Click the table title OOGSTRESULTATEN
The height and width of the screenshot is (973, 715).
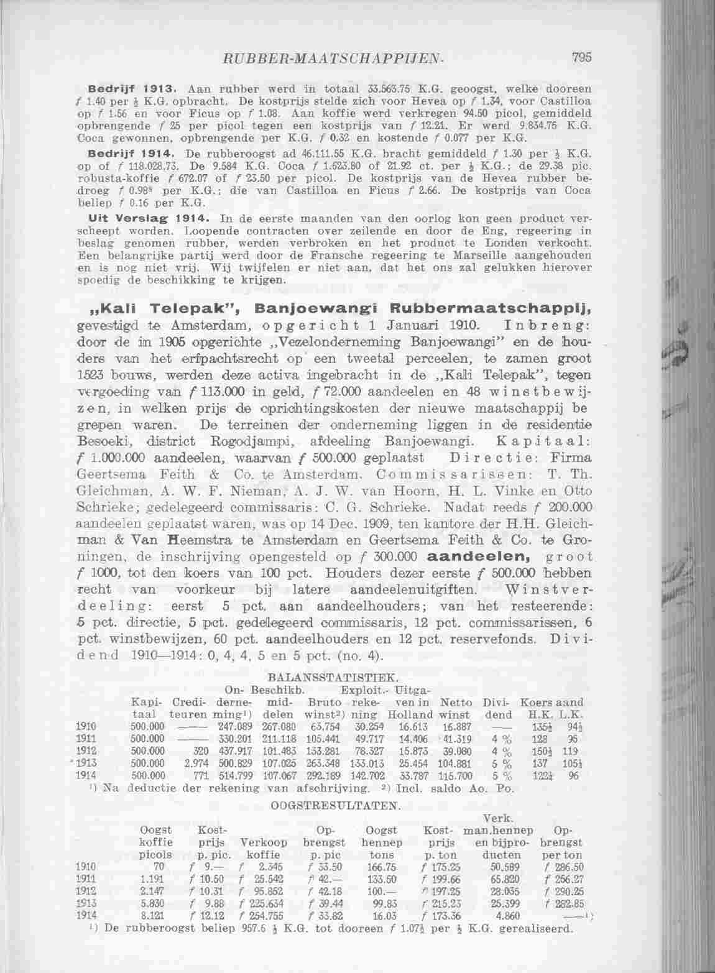click(334, 805)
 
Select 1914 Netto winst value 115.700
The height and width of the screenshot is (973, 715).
click(456, 776)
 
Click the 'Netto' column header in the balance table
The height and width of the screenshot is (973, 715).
click(454, 703)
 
